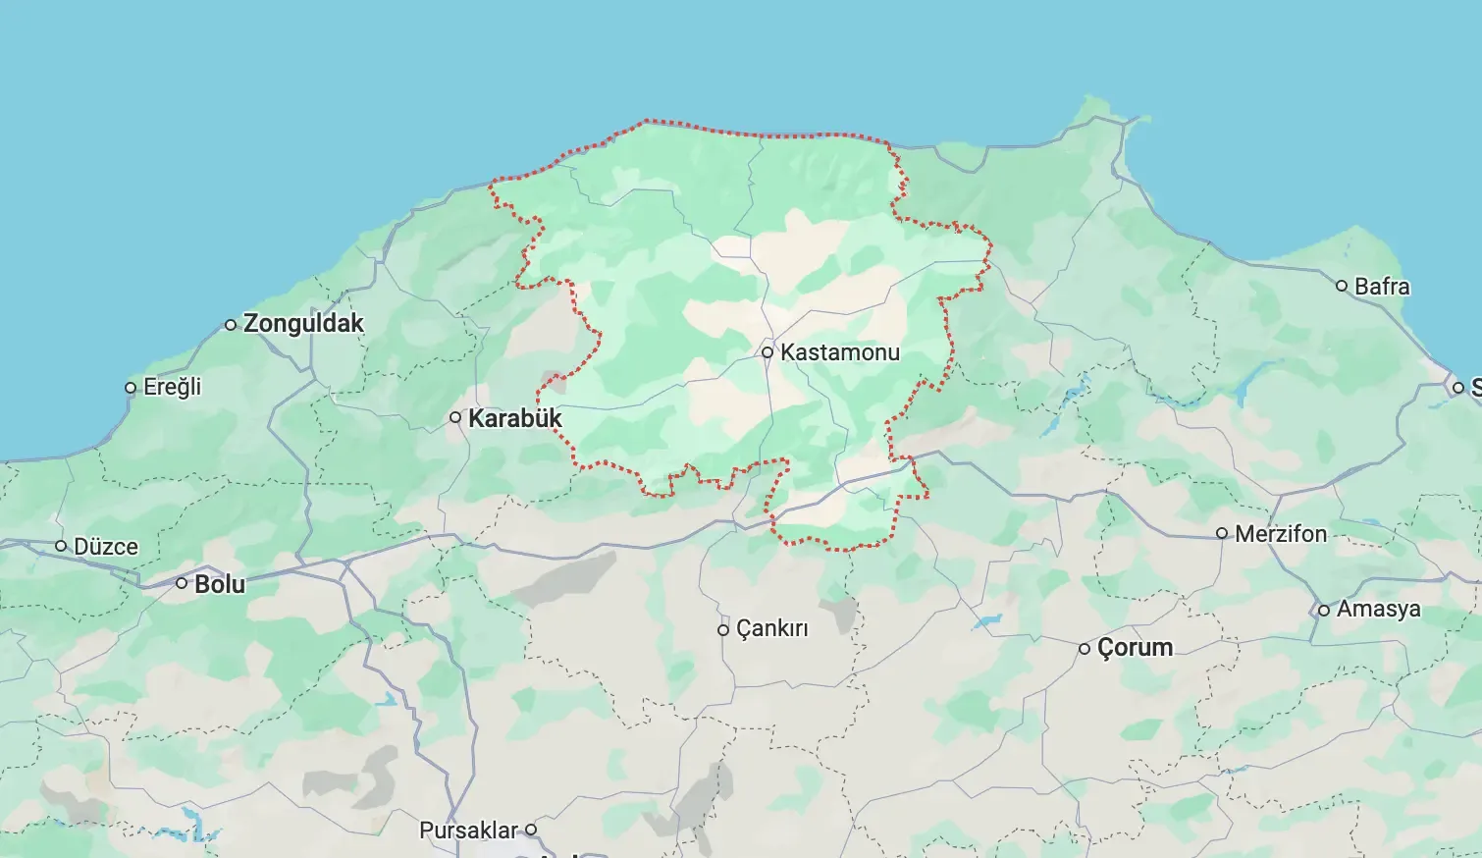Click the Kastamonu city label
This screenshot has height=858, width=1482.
(x=839, y=352)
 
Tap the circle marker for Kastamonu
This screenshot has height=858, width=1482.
(x=767, y=352)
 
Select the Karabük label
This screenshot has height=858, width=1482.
(x=515, y=418)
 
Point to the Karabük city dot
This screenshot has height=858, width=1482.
(x=455, y=418)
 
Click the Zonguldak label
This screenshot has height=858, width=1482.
(x=303, y=323)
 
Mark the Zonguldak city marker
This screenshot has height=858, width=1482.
(x=231, y=325)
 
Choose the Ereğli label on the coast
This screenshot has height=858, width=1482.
(x=172, y=387)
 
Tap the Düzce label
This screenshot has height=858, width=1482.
(x=106, y=547)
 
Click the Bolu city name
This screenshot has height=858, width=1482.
(x=220, y=584)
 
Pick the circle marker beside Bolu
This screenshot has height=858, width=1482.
(x=182, y=583)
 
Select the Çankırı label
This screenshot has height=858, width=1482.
(x=772, y=628)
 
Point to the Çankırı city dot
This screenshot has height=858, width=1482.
(x=723, y=630)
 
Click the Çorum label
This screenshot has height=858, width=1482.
(x=1135, y=648)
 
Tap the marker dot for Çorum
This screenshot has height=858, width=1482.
(x=1085, y=649)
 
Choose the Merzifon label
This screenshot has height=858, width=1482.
(x=1281, y=534)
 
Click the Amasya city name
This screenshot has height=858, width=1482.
(x=1378, y=609)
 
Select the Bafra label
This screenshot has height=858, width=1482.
(x=1382, y=287)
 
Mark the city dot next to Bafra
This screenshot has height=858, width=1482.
(x=1342, y=287)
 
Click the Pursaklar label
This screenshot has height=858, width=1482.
(x=468, y=831)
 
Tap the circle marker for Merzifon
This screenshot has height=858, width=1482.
(x=1222, y=534)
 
